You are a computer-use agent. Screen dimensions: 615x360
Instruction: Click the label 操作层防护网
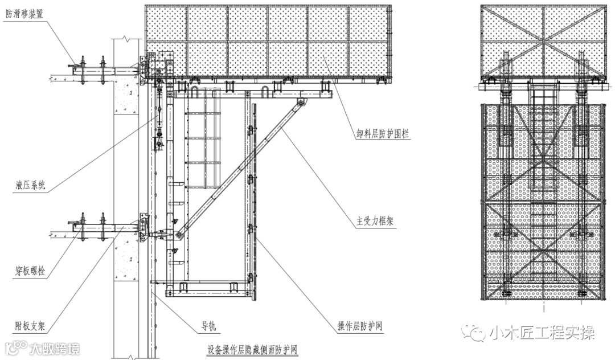tap(359, 327)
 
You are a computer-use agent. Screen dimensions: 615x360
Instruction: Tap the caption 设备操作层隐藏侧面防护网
tap(253, 348)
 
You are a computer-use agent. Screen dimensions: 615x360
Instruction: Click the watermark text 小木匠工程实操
tap(542, 332)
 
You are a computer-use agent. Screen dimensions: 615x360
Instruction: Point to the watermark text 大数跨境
tap(55, 348)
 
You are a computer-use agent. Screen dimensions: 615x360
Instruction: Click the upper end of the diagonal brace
tap(300, 103)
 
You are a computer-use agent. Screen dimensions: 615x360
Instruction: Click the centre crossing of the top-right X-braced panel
tap(543, 42)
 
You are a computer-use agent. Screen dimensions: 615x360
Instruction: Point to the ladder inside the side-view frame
tap(203, 142)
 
